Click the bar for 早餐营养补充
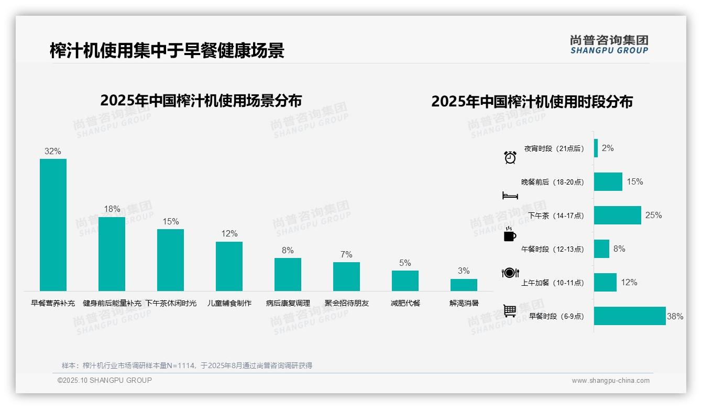(x=53, y=225)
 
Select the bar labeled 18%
(x=112, y=254)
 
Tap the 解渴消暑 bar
(x=464, y=285)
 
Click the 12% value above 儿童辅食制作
(x=229, y=234)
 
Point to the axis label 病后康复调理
(x=288, y=303)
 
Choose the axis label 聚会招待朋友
(x=346, y=303)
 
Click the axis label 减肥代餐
(x=405, y=303)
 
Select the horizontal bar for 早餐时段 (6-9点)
(x=629, y=316)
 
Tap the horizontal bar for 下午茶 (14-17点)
(x=617, y=215)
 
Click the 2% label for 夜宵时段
(x=608, y=148)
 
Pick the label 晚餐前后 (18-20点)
(x=552, y=182)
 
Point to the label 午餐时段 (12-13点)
(x=552, y=249)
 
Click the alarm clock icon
(x=510, y=157)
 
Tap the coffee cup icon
(x=510, y=235)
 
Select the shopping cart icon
(x=510, y=311)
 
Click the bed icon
(x=510, y=196)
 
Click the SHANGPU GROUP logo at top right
(x=609, y=45)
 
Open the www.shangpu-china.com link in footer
(x=610, y=381)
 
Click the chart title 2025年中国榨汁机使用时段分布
(x=532, y=101)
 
